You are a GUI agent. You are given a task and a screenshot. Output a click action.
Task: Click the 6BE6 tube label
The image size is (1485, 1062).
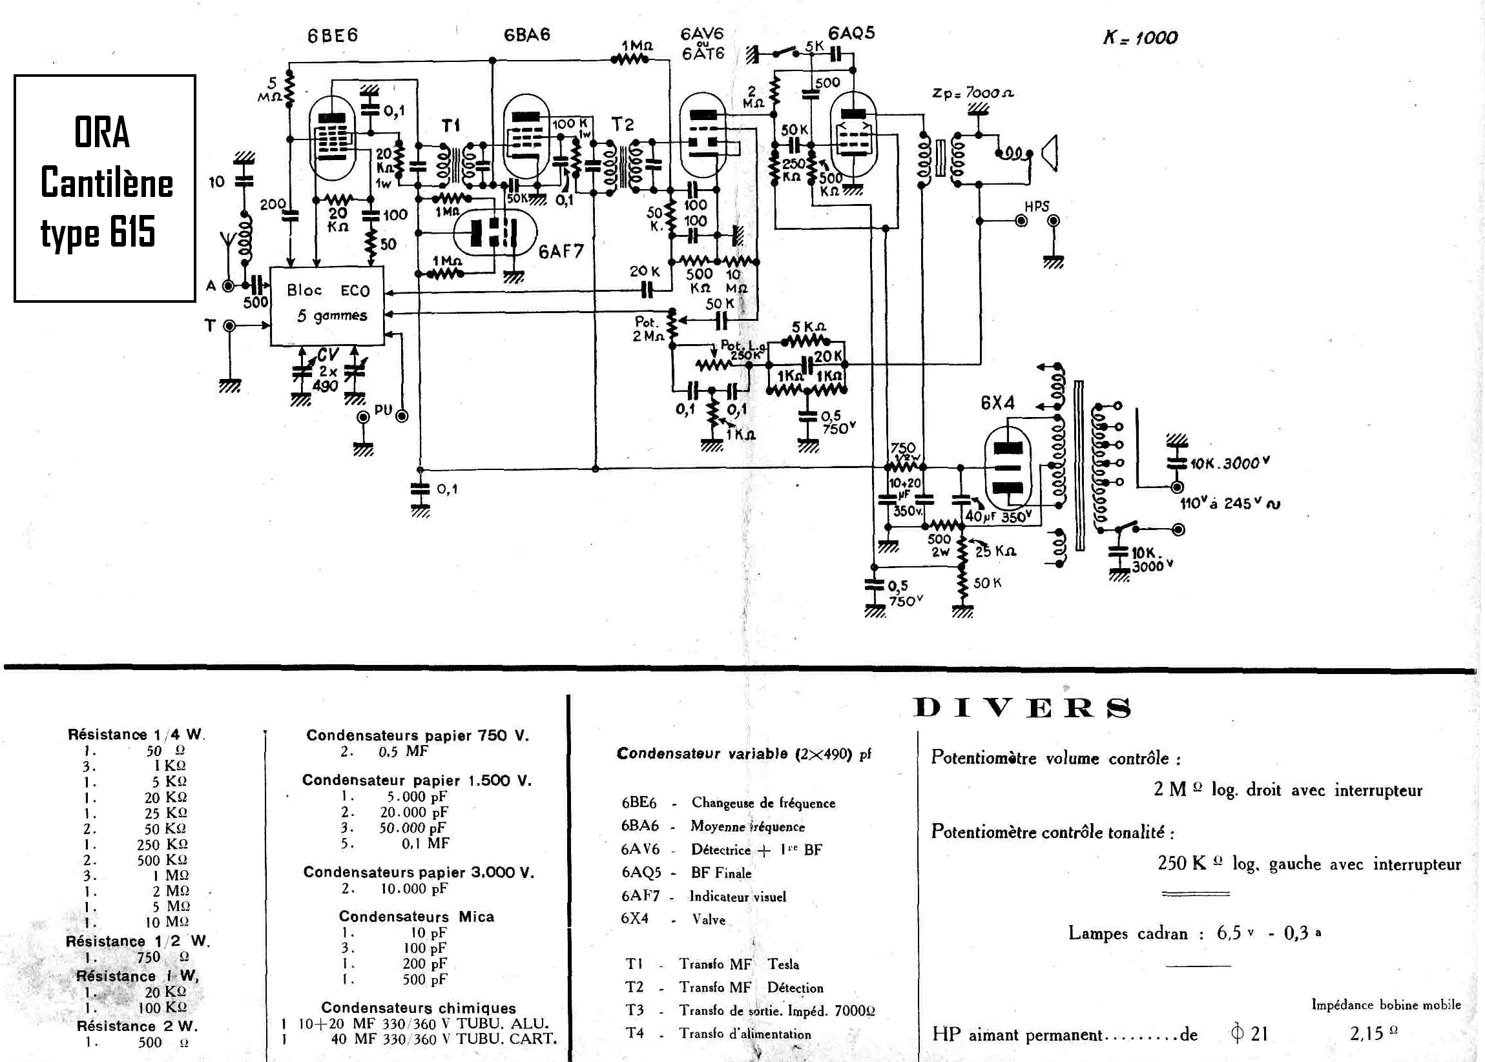point(332,36)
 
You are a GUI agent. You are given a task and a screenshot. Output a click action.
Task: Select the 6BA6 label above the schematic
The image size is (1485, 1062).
point(526,35)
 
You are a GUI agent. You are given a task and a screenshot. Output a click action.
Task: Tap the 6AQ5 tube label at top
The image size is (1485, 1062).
point(851,33)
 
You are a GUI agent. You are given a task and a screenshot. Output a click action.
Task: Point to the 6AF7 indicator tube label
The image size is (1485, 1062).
point(561,251)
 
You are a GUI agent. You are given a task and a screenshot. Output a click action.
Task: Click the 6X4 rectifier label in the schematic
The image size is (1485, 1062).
point(997,403)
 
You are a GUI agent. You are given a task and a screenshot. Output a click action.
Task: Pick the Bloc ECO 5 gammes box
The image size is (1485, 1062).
point(327,305)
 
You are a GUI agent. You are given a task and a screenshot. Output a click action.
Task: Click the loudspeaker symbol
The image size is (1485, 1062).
point(1050,153)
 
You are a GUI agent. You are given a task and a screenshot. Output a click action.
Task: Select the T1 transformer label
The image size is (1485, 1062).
point(451,125)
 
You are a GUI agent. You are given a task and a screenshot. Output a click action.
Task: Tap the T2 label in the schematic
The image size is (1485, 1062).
point(623,124)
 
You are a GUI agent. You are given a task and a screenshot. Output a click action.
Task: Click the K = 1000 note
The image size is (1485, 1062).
point(1139,37)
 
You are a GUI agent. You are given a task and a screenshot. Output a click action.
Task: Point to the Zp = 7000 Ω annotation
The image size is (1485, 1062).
point(973,93)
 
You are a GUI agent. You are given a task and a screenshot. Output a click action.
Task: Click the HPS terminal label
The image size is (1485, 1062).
point(1037,207)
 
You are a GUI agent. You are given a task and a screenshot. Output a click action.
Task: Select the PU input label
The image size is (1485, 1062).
point(382,410)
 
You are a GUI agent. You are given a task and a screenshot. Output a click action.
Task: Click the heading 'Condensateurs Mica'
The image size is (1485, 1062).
point(416,917)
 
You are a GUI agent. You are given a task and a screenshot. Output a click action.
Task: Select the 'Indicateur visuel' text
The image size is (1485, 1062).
point(737,897)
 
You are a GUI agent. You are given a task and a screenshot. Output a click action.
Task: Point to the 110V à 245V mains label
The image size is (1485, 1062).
point(1230,503)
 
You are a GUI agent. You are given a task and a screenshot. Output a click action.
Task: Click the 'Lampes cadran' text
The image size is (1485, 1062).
point(1128,932)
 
